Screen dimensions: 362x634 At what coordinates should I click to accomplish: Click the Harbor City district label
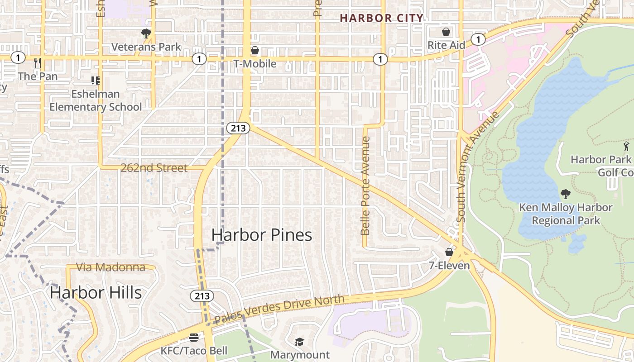(x=382, y=18)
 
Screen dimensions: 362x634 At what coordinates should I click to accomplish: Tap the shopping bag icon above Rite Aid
(x=446, y=32)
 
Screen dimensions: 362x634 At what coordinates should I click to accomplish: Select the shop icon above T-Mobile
(x=255, y=50)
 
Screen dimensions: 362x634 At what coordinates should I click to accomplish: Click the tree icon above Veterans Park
(x=146, y=33)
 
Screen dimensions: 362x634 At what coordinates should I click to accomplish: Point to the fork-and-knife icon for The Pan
(x=38, y=62)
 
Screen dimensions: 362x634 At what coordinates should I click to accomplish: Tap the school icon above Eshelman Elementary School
(x=95, y=81)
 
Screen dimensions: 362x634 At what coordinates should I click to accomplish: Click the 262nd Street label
(x=154, y=168)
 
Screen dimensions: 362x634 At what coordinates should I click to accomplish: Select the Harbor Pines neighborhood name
(x=262, y=235)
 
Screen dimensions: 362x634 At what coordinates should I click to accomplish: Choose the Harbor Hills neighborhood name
(x=96, y=292)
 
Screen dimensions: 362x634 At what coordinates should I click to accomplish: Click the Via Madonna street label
(x=111, y=267)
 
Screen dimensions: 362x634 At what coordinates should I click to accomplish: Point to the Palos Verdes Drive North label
(x=279, y=310)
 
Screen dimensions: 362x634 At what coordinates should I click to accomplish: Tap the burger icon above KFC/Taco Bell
(x=194, y=338)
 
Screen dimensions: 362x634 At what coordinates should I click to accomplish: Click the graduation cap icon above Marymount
(x=299, y=342)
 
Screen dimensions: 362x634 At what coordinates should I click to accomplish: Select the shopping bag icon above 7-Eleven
(x=449, y=252)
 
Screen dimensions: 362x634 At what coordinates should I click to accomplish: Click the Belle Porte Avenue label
(x=365, y=186)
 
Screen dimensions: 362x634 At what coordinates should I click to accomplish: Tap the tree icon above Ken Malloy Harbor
(x=565, y=194)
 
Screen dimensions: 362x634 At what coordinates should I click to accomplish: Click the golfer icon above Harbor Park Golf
(x=626, y=146)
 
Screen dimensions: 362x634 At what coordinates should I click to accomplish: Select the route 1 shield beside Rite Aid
(x=477, y=39)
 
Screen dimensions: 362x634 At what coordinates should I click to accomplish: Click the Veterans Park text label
(x=146, y=47)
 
